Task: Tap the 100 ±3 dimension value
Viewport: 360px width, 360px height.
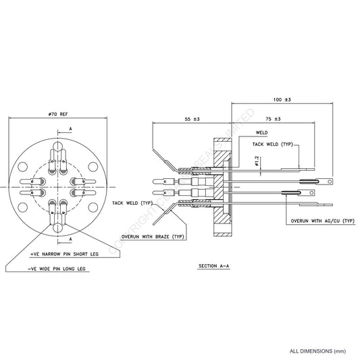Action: (x=282, y=99)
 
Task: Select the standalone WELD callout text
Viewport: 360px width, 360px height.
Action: (x=263, y=133)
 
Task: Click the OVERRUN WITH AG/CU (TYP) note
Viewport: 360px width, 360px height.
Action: (x=322, y=221)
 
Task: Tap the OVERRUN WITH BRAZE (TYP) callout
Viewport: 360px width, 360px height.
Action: (x=152, y=237)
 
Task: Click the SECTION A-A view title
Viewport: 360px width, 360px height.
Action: (x=214, y=267)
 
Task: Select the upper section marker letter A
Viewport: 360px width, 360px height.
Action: (x=70, y=127)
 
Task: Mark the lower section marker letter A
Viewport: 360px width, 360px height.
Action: (x=70, y=239)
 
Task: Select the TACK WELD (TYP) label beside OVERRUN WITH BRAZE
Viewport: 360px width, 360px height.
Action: (x=132, y=203)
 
